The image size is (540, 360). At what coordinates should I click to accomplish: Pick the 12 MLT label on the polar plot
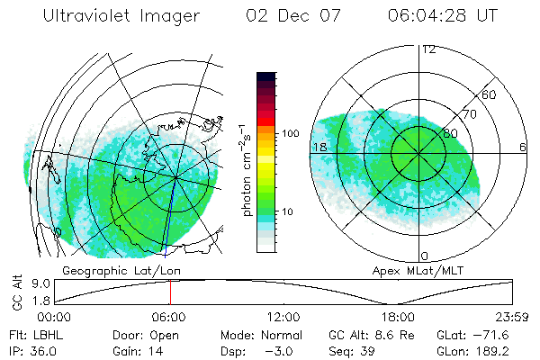coord(428,49)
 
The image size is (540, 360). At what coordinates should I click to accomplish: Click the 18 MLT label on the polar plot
coord(318,147)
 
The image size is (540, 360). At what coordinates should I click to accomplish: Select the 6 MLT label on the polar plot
coord(523,147)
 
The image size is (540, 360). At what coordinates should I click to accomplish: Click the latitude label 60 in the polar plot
coord(490,94)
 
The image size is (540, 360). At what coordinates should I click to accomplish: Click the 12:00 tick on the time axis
coord(283,317)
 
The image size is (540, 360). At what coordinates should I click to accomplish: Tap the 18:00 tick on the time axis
coord(398,317)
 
